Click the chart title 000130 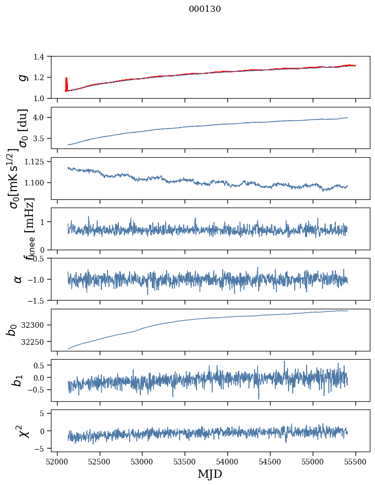point(205,9)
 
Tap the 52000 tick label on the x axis point(57,461)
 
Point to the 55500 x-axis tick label point(355,461)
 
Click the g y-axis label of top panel point(22,77)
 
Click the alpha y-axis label point(18,279)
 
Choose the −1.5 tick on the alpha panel point(40,300)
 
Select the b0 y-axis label point(11,330)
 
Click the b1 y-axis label point(18,380)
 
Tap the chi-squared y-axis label point(23,431)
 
